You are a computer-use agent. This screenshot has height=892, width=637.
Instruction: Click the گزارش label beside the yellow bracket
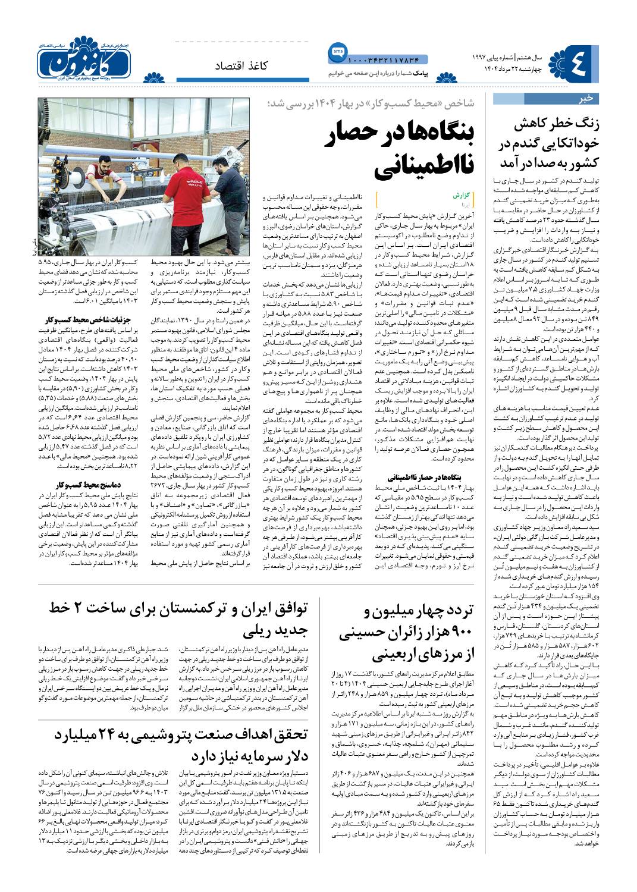coord(461,194)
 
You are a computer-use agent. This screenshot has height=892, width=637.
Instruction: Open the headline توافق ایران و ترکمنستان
coord(178,618)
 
